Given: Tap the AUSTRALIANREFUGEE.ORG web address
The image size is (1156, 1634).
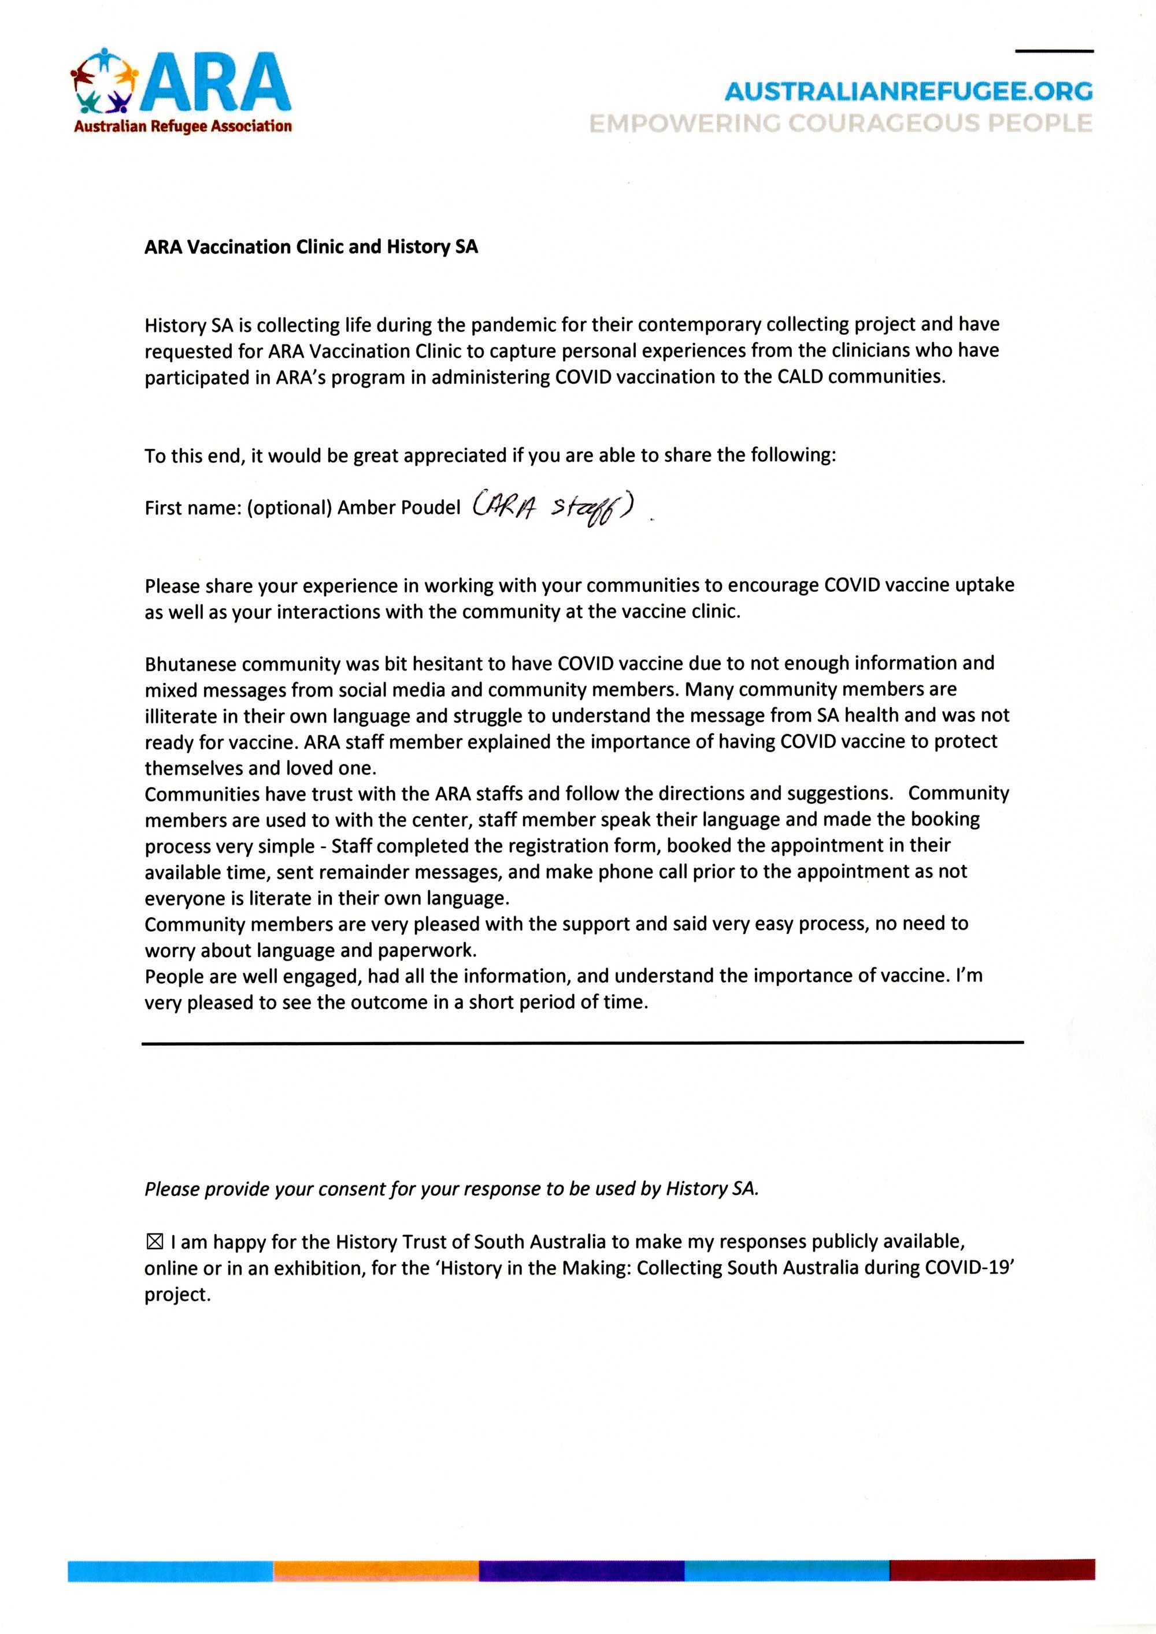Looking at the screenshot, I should pos(908,92).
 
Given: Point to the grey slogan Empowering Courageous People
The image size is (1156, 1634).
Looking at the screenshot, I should pos(840,124).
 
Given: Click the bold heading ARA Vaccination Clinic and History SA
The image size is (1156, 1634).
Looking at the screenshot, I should pos(311,247).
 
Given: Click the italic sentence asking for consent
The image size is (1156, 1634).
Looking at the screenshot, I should pos(451,1189).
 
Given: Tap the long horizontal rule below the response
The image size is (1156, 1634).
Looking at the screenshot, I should pos(581,1043).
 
